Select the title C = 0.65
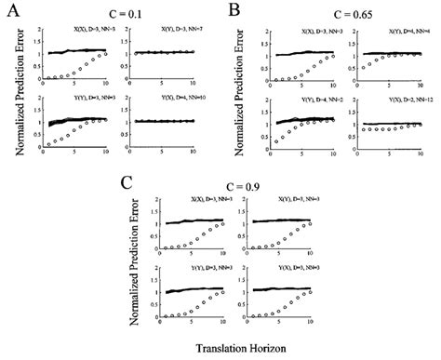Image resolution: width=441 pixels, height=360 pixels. pos(345,14)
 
